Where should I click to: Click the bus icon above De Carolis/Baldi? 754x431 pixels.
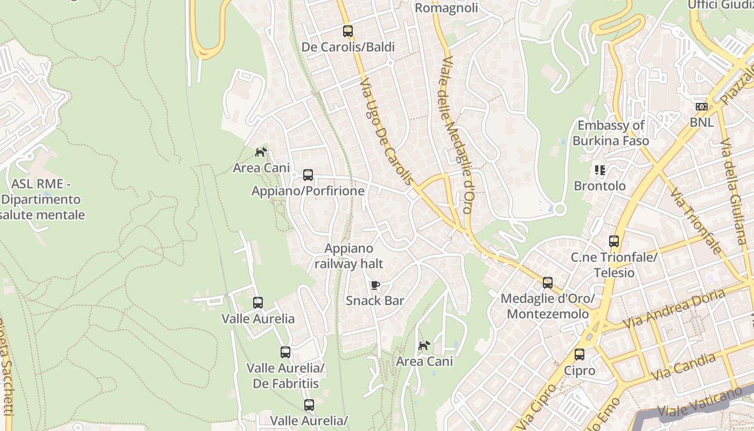(x=348, y=31)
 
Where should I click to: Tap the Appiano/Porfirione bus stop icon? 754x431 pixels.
(x=308, y=175)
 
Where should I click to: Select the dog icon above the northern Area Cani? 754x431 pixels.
(x=261, y=152)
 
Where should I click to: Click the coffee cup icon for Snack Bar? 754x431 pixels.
(x=375, y=285)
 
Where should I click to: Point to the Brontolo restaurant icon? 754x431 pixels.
(x=600, y=171)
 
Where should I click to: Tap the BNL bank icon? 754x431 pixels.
(x=701, y=107)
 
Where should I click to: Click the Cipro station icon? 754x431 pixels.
(x=580, y=354)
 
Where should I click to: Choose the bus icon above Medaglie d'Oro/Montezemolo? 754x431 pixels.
(x=548, y=283)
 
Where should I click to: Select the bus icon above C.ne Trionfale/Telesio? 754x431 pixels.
(x=614, y=241)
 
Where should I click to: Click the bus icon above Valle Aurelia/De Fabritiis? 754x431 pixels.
(x=285, y=352)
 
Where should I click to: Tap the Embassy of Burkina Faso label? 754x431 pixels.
(x=611, y=133)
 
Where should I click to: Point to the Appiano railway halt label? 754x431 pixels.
(x=349, y=256)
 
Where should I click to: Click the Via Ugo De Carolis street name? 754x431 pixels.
(x=388, y=132)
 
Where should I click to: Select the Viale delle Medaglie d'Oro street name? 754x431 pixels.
(x=457, y=135)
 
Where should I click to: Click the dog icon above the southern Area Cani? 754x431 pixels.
(x=424, y=345)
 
